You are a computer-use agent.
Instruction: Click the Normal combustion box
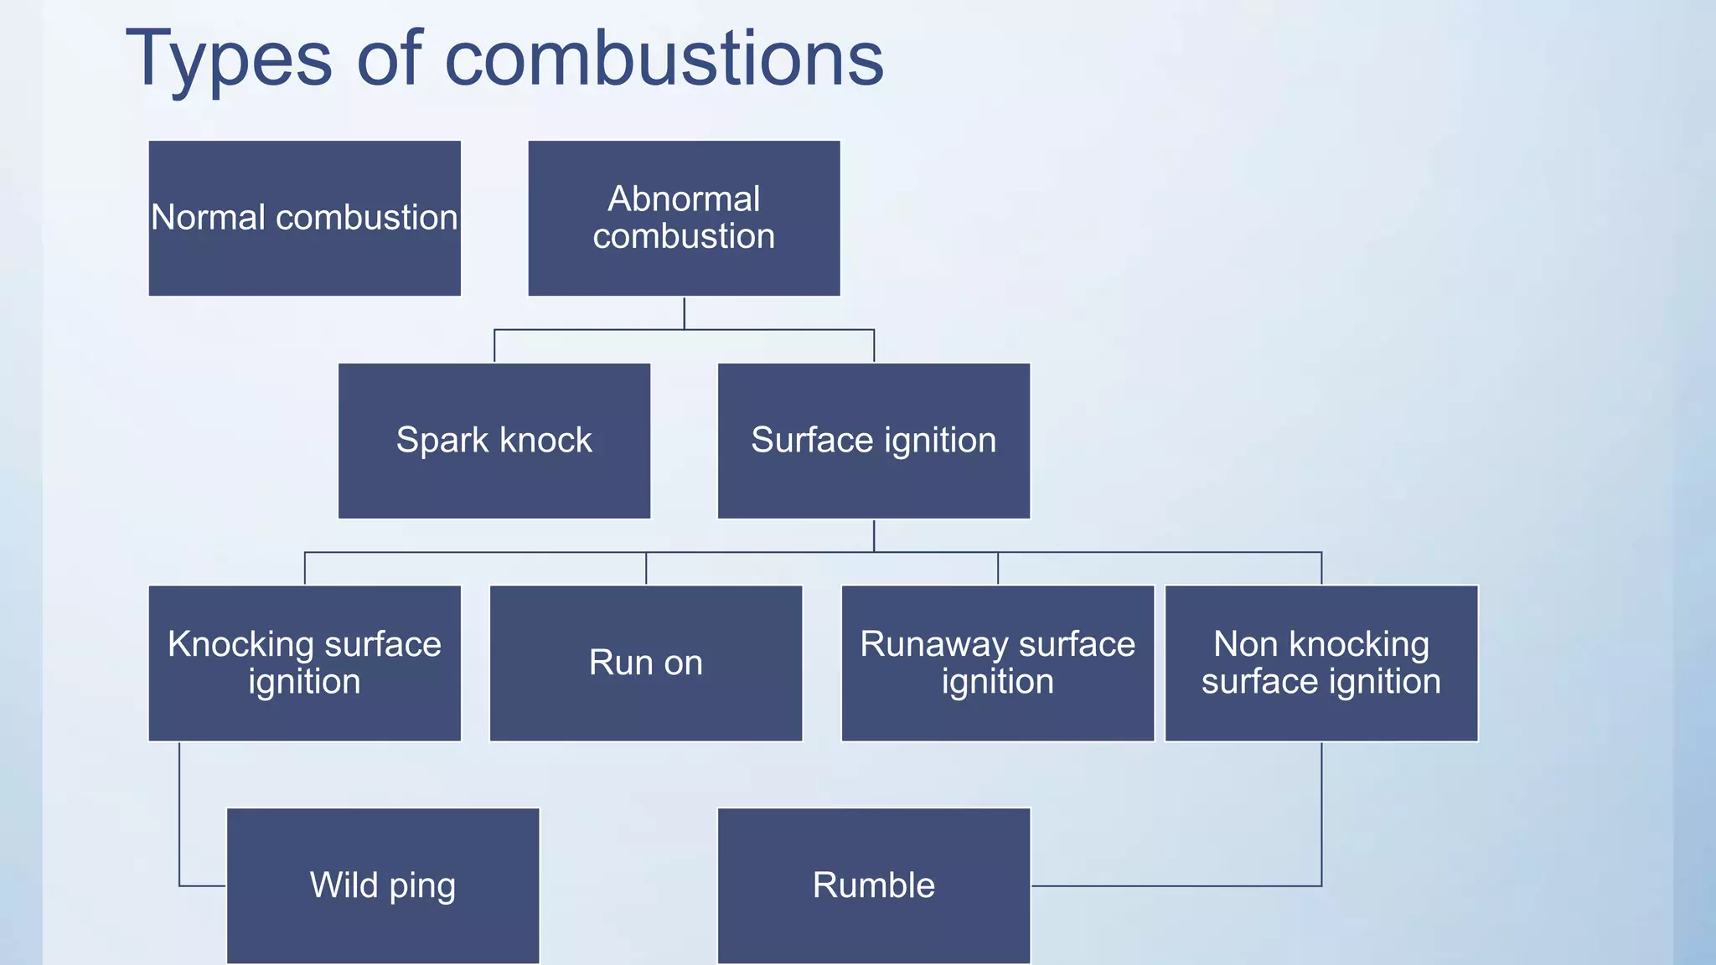(x=304, y=218)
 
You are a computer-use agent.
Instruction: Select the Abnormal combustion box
(x=684, y=218)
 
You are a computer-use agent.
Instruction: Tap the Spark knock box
(x=494, y=441)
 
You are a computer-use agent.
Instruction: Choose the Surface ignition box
(x=873, y=441)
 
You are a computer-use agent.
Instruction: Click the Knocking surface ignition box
(x=304, y=663)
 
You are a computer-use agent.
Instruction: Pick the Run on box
(x=645, y=663)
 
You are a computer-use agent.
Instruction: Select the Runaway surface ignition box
(x=997, y=663)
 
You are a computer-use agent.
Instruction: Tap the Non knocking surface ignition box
(x=1321, y=663)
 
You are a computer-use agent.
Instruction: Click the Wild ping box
(x=383, y=885)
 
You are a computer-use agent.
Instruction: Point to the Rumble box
(x=873, y=885)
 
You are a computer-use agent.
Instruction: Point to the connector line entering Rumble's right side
(x=1173, y=885)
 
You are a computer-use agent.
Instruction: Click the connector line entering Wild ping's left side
(x=201, y=885)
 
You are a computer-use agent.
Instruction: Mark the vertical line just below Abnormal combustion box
(x=684, y=313)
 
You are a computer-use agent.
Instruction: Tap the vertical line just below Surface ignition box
(x=874, y=536)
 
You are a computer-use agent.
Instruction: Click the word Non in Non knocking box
(x=1245, y=645)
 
